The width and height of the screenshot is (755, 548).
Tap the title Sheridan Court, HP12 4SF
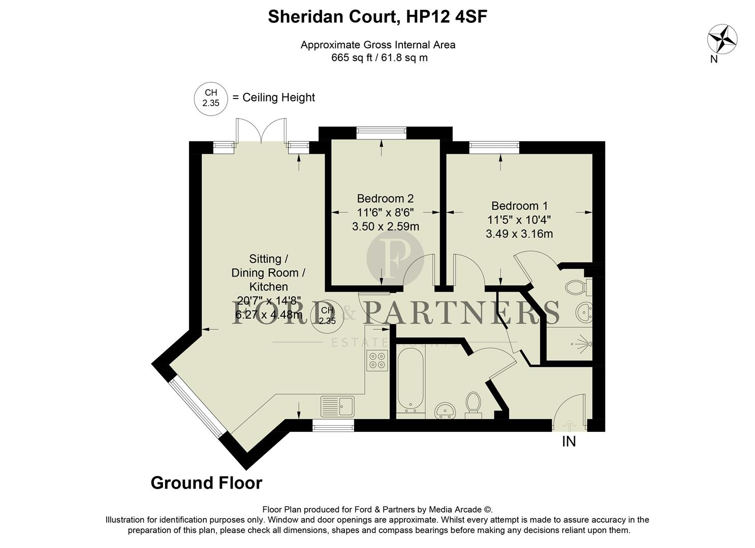377,17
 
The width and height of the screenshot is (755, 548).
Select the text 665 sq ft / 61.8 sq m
379,58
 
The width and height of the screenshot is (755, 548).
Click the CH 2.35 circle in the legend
211,97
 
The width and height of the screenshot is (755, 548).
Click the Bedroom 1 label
519,206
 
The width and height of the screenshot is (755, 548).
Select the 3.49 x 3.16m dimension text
519,234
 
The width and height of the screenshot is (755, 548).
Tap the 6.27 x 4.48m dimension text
269,315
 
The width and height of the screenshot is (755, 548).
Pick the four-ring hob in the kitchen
377,360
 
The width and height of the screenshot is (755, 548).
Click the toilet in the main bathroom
473,404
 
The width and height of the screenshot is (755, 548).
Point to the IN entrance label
569,442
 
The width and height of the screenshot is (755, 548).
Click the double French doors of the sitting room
261,131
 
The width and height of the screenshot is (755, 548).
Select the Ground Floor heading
206,483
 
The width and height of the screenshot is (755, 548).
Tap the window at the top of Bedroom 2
381,133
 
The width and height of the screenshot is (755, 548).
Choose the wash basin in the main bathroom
446,410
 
